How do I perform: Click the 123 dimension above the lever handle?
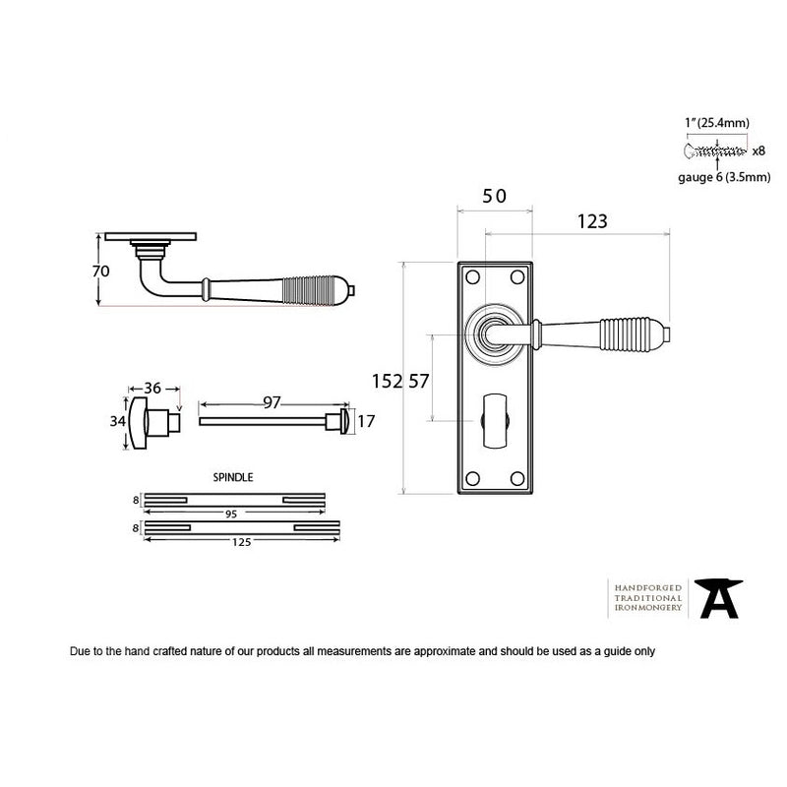tap(592, 221)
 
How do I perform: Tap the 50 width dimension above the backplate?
tap(495, 196)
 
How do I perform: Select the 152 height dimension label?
tap(387, 382)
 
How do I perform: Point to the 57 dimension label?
tap(419, 382)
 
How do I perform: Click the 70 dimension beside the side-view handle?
tap(101, 272)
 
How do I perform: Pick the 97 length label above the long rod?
tap(272, 402)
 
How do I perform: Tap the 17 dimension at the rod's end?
tap(366, 421)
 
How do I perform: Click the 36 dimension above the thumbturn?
tap(152, 388)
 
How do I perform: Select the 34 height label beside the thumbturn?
tap(117, 421)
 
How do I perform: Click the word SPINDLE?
tap(233, 477)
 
